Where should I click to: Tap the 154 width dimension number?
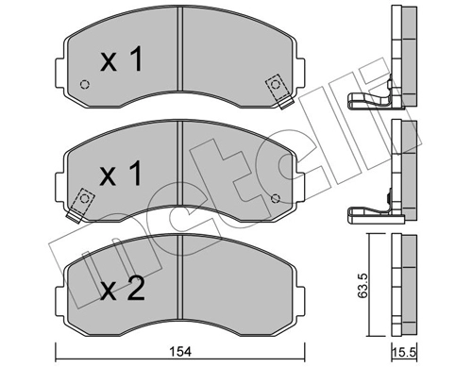(x=183, y=351)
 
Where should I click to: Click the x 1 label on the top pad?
(x=122, y=61)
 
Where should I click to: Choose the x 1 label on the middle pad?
(x=122, y=175)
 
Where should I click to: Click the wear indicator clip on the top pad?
(x=278, y=86)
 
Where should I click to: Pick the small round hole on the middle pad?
(x=276, y=198)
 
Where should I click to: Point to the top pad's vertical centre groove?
(x=180, y=66)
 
